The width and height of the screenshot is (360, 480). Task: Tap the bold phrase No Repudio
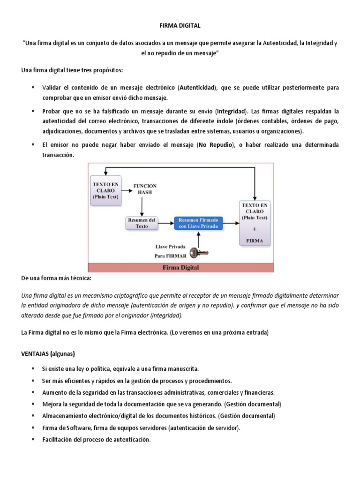215,145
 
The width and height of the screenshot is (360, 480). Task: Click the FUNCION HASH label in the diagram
145,189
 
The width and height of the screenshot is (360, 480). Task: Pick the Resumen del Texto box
142,223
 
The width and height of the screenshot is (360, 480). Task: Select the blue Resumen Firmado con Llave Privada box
198,223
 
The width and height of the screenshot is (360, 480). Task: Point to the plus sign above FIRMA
255,230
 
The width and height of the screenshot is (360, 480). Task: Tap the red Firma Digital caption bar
180,268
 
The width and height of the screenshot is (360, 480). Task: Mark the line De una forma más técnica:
57,279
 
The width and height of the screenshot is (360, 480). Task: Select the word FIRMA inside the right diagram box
255,241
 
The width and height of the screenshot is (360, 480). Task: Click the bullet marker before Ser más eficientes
33,381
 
